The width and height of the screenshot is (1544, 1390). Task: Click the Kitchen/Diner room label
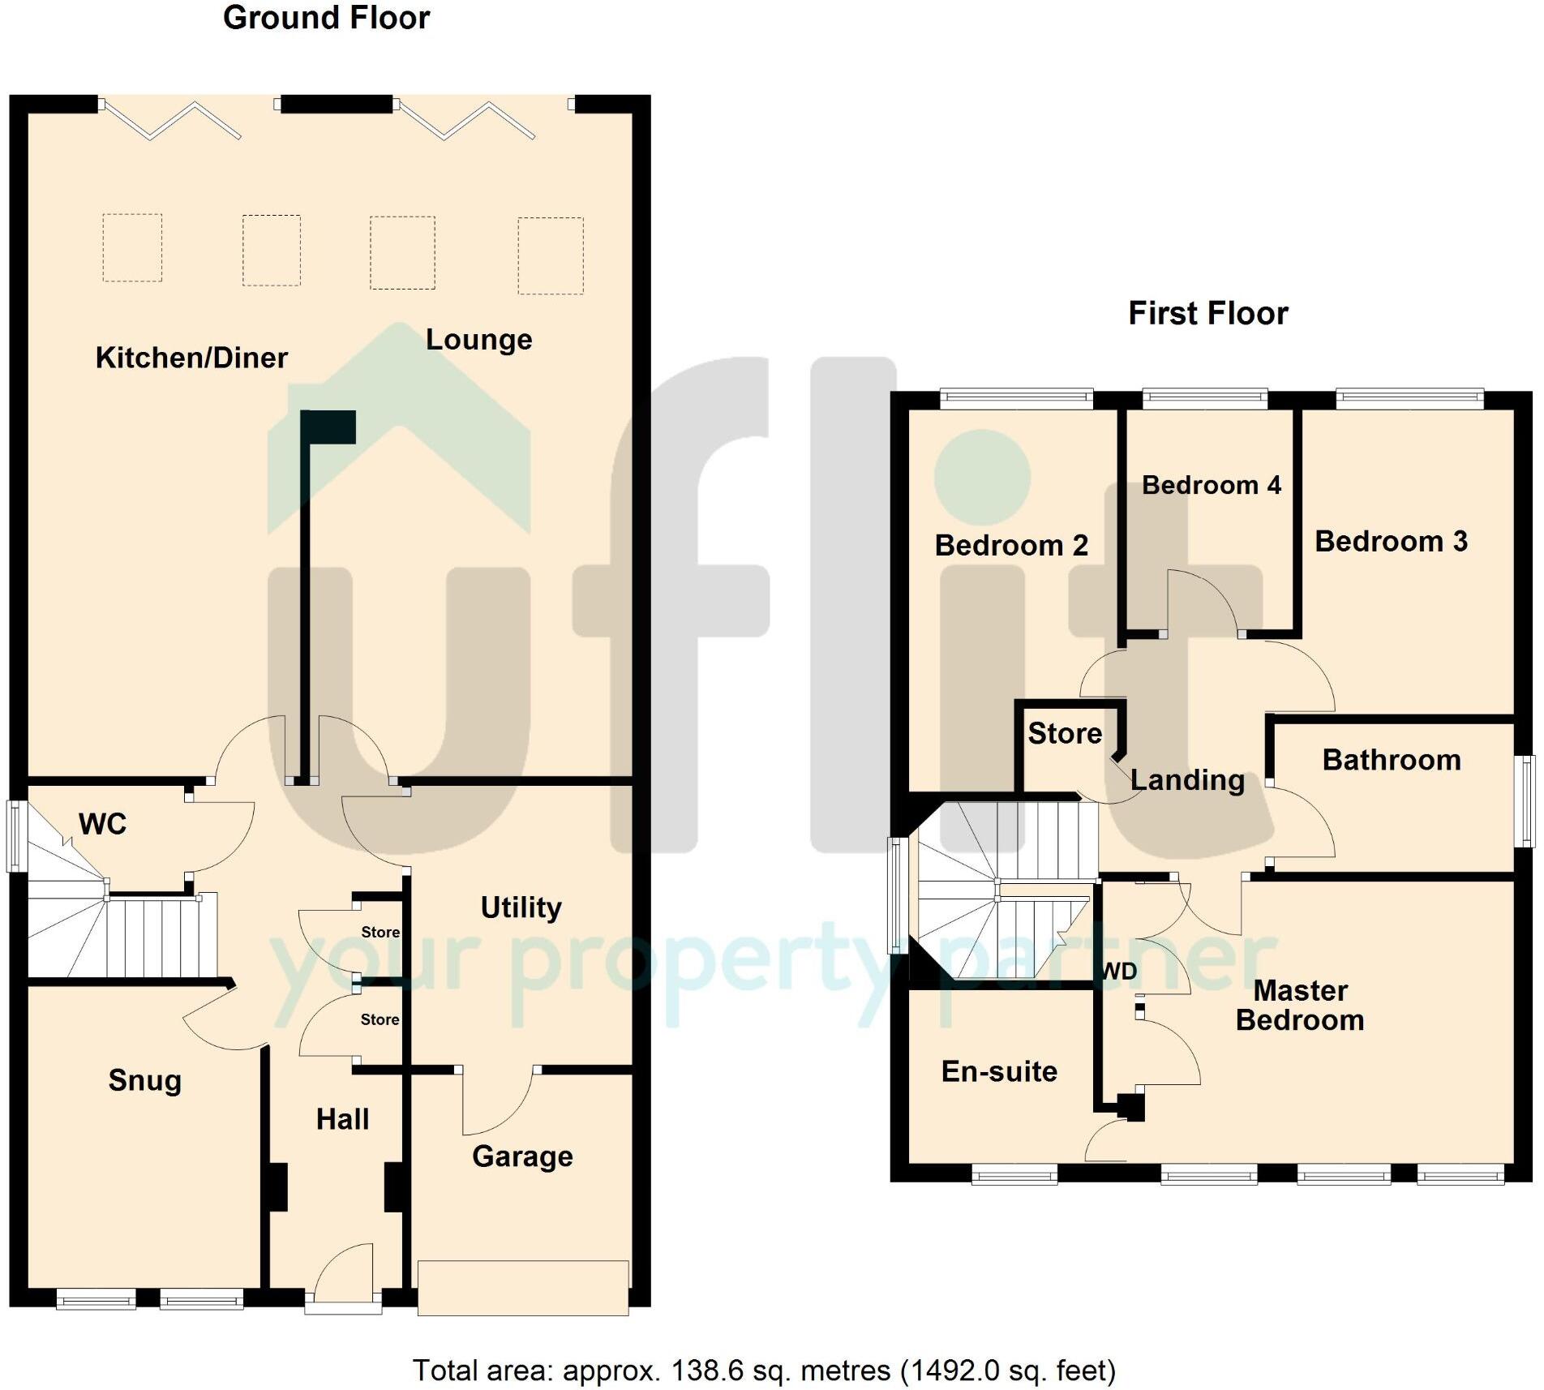click(191, 358)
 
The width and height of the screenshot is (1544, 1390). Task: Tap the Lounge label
click(478, 339)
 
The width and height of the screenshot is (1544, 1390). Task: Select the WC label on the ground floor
click(102, 824)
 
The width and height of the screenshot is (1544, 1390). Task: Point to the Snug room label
click(144, 1080)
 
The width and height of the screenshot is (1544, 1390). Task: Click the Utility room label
click(521, 907)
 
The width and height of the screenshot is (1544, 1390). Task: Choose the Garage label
click(522, 1156)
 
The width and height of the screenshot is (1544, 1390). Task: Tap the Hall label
click(342, 1119)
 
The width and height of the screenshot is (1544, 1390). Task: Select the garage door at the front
click(523, 1287)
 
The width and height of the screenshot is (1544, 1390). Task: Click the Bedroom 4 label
click(1212, 485)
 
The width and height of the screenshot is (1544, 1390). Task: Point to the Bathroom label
click(1392, 760)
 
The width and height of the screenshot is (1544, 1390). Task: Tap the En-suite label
click(999, 1071)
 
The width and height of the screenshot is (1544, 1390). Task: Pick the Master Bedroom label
click(1300, 1006)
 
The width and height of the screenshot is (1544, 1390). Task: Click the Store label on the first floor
click(1065, 733)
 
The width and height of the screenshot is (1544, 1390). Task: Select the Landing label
click(1187, 780)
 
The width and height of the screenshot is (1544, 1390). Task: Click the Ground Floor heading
click(326, 18)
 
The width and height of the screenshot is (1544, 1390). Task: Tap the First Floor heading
click(1207, 313)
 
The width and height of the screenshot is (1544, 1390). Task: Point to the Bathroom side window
click(1526, 801)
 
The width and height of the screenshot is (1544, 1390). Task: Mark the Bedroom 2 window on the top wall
click(1016, 397)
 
